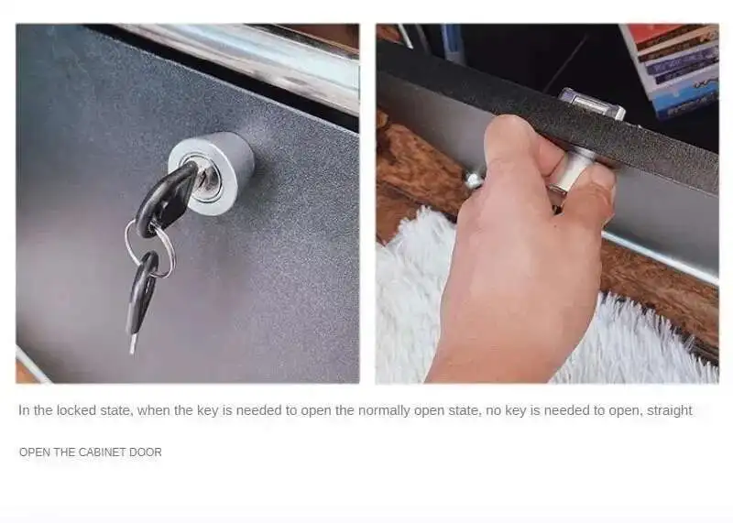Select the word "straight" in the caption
(x=669, y=411)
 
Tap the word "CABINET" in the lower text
(x=102, y=452)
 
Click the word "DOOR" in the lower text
(x=146, y=452)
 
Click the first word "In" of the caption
(x=24, y=410)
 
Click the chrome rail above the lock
(x=243, y=60)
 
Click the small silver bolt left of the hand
(x=473, y=180)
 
